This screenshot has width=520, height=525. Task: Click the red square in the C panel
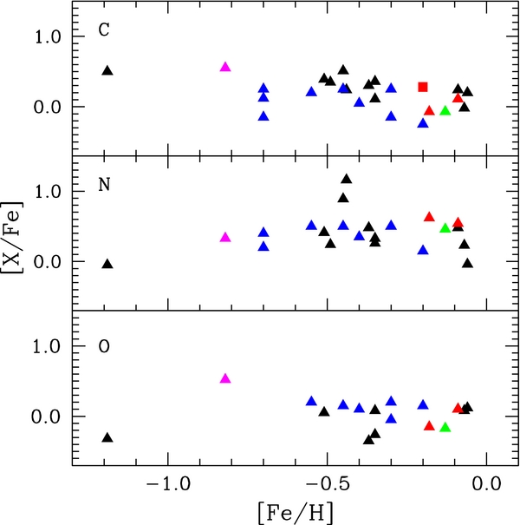coord(423,87)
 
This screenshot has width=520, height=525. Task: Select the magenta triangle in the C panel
coord(225,67)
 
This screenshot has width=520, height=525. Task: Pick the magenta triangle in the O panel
coord(225,378)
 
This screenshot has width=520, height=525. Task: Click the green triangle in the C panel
coord(445,110)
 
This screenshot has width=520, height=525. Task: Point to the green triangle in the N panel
coord(445,228)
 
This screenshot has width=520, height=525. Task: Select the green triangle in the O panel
coord(445,427)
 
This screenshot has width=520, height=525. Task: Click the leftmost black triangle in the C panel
coord(107,70)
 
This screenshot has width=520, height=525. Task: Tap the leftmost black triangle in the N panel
coord(107,264)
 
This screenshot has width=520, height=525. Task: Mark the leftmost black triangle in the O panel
coord(107,437)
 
